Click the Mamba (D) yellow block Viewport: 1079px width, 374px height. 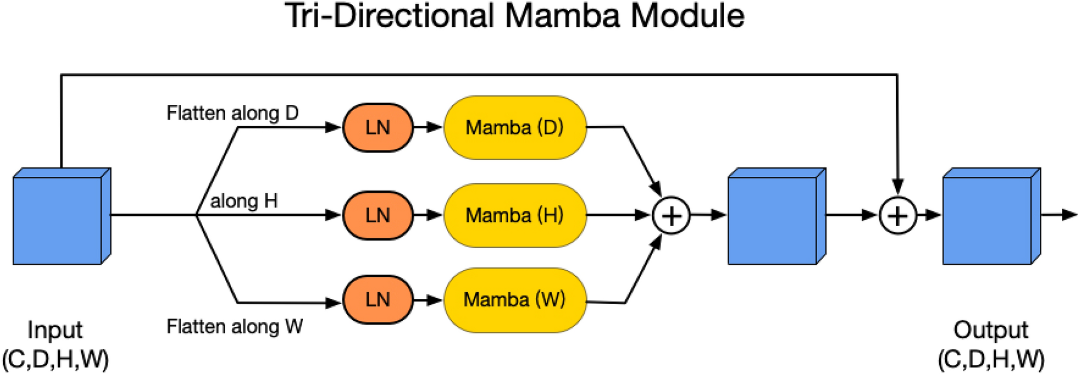(x=515, y=127)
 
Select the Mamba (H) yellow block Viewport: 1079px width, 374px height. (x=515, y=215)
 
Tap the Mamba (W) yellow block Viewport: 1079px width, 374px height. (x=515, y=299)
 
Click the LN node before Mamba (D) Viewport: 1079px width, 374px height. (x=377, y=127)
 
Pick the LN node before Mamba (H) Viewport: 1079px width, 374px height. (x=377, y=215)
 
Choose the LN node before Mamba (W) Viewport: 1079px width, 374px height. (x=377, y=299)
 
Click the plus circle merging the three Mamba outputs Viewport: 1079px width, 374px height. (x=671, y=215)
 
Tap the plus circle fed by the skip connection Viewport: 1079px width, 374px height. (x=897, y=215)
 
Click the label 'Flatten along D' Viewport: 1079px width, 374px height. (x=232, y=113)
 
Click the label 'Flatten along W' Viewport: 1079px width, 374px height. (x=234, y=326)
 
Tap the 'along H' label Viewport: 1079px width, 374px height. (x=244, y=201)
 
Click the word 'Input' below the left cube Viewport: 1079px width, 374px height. (x=55, y=330)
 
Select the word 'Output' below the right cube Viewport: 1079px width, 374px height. (x=990, y=330)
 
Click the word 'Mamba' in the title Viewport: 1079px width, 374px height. (x=562, y=16)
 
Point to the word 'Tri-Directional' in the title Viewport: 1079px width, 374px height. (x=390, y=16)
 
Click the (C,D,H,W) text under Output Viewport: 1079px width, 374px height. (x=991, y=359)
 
